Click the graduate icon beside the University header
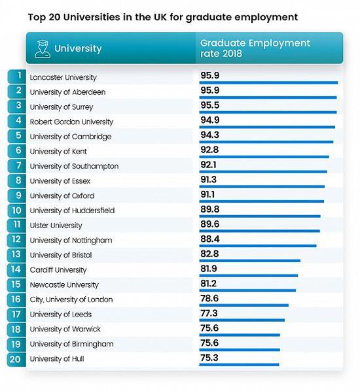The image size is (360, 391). (x=43, y=49)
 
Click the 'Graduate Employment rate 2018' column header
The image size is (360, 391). (x=255, y=48)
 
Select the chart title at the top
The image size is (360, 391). (x=163, y=17)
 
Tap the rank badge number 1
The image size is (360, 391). (x=17, y=76)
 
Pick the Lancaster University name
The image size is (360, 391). (x=63, y=77)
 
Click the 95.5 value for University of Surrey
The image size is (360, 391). (x=209, y=105)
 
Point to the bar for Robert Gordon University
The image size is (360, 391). (x=267, y=127)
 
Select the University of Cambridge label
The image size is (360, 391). (x=71, y=137)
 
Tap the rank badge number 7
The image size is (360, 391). (x=17, y=166)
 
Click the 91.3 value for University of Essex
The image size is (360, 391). (x=208, y=180)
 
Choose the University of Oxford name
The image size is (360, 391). (x=62, y=195)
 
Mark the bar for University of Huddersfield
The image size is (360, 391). (x=260, y=216)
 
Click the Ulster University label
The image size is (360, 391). (x=56, y=226)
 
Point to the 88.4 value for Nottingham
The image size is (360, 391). (x=210, y=239)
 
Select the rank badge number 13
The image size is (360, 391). (x=17, y=254)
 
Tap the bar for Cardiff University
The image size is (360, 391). (x=249, y=275)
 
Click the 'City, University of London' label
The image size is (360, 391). (x=71, y=299)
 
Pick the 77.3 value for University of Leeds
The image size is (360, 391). (x=209, y=313)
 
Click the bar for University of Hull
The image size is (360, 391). (x=239, y=365)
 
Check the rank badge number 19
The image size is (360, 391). (x=17, y=344)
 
